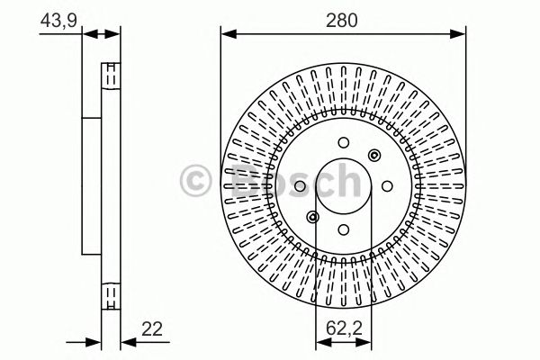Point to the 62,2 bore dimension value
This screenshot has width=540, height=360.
344,330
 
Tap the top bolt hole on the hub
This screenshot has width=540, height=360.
344,141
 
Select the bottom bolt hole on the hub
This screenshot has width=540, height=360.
344,230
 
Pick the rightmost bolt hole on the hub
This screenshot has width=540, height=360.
386,185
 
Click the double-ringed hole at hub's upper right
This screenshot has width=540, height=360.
373,155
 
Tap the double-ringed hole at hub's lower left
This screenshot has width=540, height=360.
313,216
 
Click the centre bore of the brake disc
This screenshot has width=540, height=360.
344,185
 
